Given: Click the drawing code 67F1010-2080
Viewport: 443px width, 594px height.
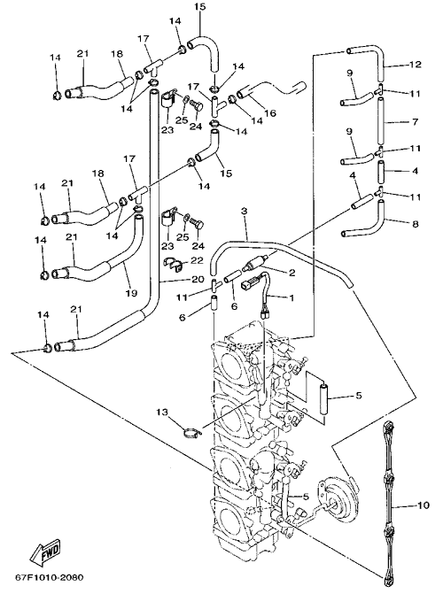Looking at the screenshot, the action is coord(49,578).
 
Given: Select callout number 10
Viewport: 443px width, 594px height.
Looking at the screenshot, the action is coord(424,505).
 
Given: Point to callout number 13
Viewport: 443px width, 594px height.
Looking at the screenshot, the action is coord(162,412).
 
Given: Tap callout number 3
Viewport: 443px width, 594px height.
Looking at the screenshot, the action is coord(244,211).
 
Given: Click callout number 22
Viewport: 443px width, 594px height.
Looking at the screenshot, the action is coord(198,260).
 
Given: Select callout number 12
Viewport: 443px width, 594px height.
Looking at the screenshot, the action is coord(416,64).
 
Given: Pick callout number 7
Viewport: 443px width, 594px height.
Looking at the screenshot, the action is coord(415,121).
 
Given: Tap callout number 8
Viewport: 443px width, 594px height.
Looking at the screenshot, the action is coord(415,224).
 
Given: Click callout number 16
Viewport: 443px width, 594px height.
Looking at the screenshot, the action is coord(270,112).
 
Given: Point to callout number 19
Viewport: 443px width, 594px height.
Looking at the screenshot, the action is coord(133,293).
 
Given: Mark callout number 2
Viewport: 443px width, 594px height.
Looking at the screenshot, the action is coord(291,273).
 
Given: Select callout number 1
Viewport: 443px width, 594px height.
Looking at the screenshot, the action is coord(291,298).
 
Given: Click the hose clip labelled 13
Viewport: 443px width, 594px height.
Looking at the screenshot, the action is coord(191,431).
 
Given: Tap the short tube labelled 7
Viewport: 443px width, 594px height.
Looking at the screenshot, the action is coord(382,120).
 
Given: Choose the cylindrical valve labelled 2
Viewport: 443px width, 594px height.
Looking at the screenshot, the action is coord(257,263).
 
